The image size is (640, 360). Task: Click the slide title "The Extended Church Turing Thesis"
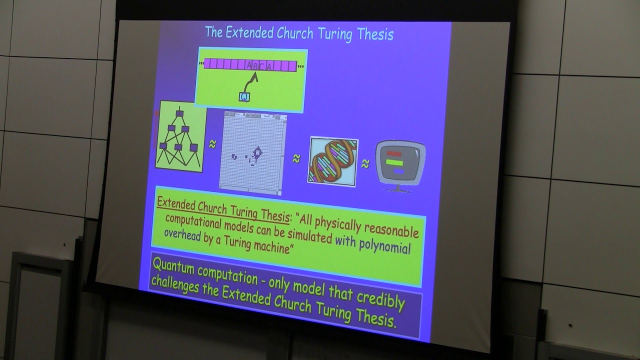click(299, 34)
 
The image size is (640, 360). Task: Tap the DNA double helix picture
click(332, 159)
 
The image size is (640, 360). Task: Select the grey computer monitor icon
click(400, 164)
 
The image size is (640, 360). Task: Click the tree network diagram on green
click(180, 135)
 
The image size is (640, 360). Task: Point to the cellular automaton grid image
click(252, 152)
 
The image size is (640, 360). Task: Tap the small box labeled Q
click(244, 96)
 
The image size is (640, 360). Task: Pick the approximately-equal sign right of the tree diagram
click(212, 144)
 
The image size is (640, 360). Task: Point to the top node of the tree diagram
click(179, 113)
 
